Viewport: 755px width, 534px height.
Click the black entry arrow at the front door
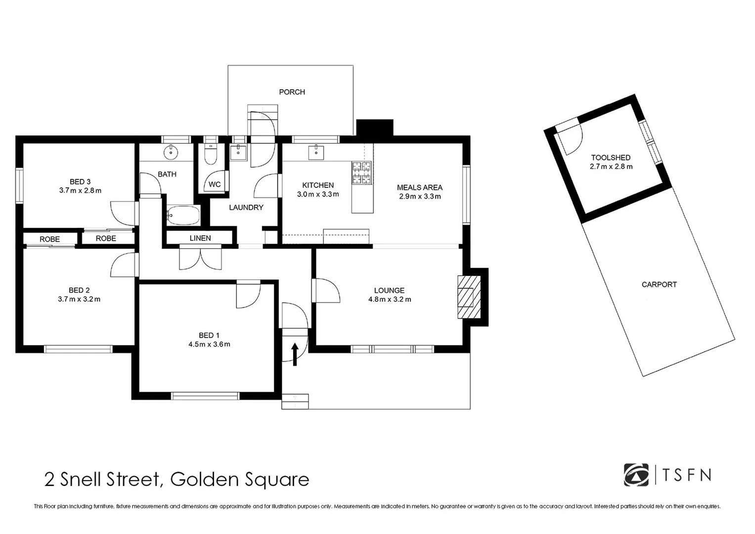(x=295, y=355)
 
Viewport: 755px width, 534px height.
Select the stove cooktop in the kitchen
(x=361, y=173)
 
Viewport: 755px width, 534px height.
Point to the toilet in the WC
(x=211, y=155)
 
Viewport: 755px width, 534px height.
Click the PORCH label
(x=292, y=92)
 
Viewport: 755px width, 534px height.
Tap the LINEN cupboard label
(x=200, y=238)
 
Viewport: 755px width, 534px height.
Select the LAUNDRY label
(x=246, y=208)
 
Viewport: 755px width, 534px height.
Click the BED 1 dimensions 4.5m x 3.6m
(x=209, y=344)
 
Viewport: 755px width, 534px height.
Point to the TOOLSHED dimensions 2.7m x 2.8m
(x=611, y=167)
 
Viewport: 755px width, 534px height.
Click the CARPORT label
(x=659, y=284)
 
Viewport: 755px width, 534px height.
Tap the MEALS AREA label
(x=419, y=187)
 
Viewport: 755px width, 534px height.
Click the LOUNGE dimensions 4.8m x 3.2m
(x=389, y=299)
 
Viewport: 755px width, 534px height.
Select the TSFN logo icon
(x=636, y=475)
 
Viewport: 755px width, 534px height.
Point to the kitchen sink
(x=316, y=153)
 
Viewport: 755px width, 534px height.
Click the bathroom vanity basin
(x=171, y=152)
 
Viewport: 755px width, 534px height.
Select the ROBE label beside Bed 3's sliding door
(x=106, y=238)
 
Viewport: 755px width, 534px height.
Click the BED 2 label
(x=79, y=290)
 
